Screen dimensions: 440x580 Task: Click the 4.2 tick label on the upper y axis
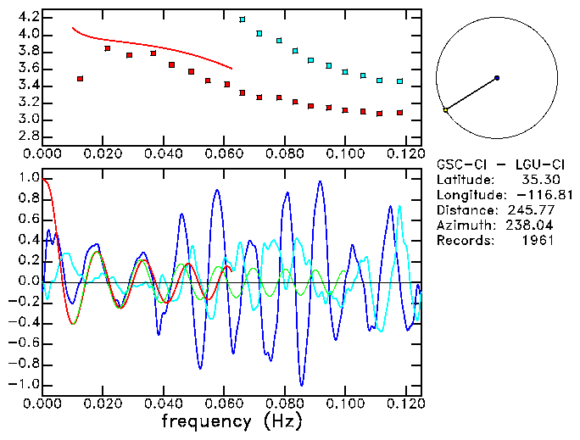[x=27, y=17]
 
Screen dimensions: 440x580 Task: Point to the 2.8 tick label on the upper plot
[x=27, y=136]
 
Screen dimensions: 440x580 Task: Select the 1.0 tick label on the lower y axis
[x=27, y=178]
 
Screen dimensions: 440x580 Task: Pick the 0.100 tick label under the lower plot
[x=344, y=404]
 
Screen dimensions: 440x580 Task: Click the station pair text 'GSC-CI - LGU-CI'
[x=495, y=164]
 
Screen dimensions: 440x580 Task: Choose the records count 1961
[x=538, y=241]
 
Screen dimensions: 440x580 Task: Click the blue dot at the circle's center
[x=497, y=78]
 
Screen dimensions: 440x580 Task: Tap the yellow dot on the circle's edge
[x=445, y=109]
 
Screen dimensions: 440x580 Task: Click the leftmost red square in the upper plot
[x=80, y=79]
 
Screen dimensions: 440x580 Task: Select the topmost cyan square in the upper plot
[x=243, y=19]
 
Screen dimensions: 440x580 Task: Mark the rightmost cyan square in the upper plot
[x=399, y=81]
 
